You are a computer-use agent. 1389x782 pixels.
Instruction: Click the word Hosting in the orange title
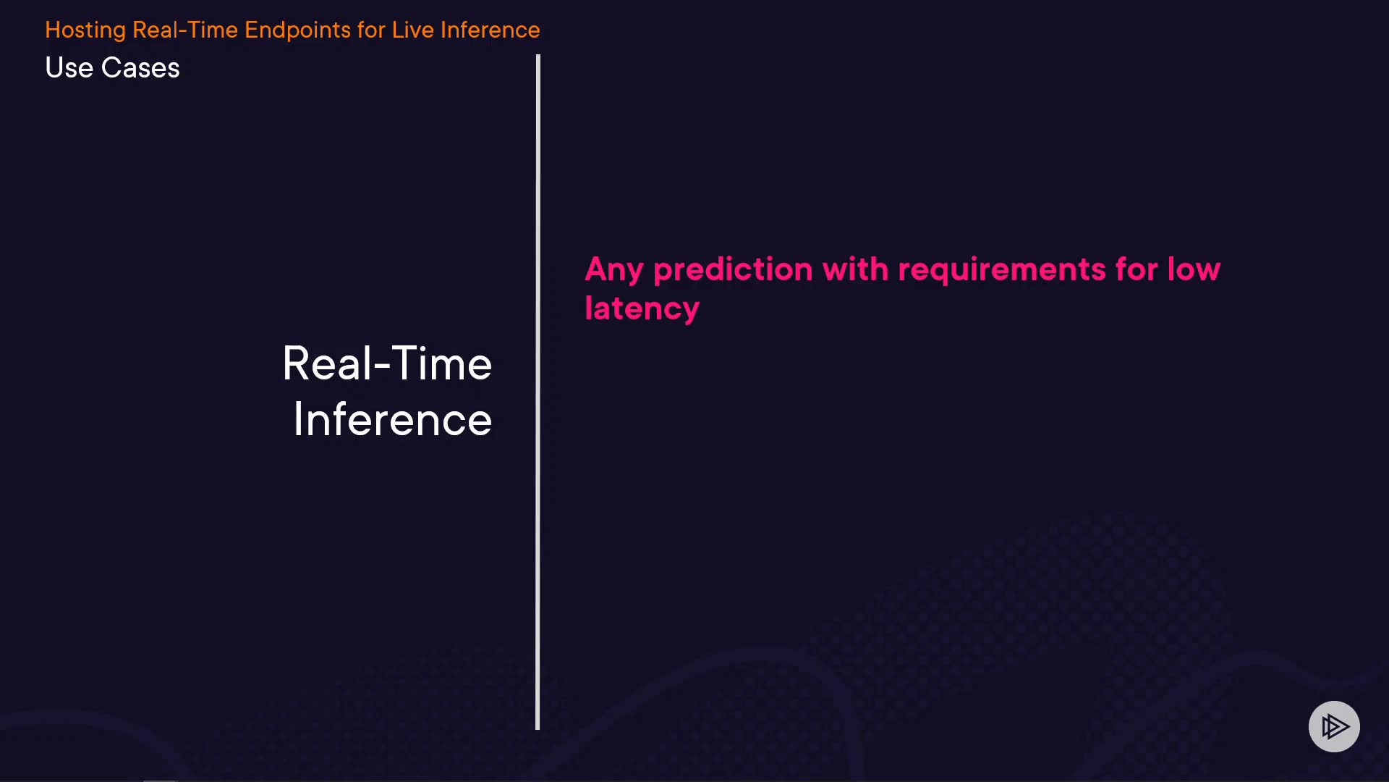tap(85, 30)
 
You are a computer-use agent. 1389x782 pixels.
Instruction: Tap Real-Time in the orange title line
tap(185, 30)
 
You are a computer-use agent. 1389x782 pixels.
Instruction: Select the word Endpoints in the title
tap(297, 30)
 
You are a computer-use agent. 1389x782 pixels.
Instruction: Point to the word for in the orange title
tap(371, 30)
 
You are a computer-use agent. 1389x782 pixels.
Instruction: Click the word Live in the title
tap(413, 30)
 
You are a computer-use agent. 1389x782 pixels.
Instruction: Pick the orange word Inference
tap(490, 30)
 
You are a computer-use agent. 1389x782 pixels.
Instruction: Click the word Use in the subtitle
tap(69, 68)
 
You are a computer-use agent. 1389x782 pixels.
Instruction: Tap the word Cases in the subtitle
tap(140, 68)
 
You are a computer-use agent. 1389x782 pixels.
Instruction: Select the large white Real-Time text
tap(387, 363)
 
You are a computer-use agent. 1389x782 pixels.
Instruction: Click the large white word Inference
tap(393, 420)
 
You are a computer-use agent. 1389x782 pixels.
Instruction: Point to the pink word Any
tap(614, 271)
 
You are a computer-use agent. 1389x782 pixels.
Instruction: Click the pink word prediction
tap(733, 271)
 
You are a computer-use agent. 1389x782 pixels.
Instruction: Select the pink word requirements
tap(1002, 271)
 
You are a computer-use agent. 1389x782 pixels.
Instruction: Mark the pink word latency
tap(642, 309)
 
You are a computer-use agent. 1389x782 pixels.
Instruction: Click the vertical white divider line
tap(538, 392)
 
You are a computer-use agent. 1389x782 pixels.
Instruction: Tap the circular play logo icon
tap(1334, 726)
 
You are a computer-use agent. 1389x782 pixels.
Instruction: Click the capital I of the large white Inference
tap(297, 420)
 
